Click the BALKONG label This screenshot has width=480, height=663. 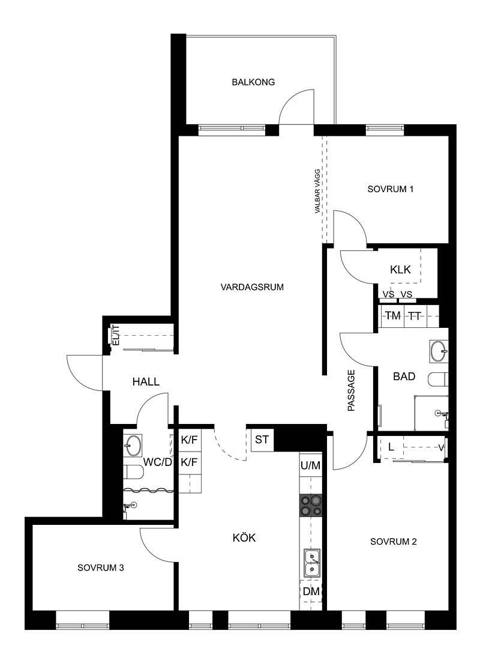click(x=253, y=82)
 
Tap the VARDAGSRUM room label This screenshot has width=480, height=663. click(x=252, y=287)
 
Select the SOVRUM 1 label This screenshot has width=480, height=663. click(x=390, y=189)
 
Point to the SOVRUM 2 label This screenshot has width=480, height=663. click(x=394, y=542)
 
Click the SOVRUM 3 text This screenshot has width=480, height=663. click(x=101, y=568)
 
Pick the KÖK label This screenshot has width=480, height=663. click(x=244, y=537)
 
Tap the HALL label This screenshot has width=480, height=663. click(x=146, y=382)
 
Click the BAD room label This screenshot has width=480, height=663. click(x=404, y=377)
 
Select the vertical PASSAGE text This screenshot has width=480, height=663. click(x=351, y=391)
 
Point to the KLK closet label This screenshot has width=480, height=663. click(x=400, y=269)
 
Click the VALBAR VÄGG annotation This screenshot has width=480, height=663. click(x=317, y=191)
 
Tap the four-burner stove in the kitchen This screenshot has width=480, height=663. click(x=310, y=506)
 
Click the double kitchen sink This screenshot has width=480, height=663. click(x=311, y=563)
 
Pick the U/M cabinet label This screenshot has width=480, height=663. click(x=311, y=465)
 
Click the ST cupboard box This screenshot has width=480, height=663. click(x=262, y=440)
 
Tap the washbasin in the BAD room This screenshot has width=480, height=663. click(x=439, y=351)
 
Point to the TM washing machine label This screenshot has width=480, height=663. click(x=393, y=315)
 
